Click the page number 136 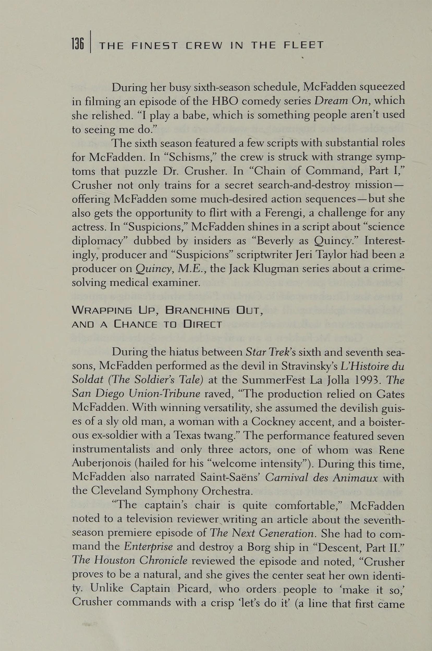tap(77, 44)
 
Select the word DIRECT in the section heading tap(203, 325)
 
